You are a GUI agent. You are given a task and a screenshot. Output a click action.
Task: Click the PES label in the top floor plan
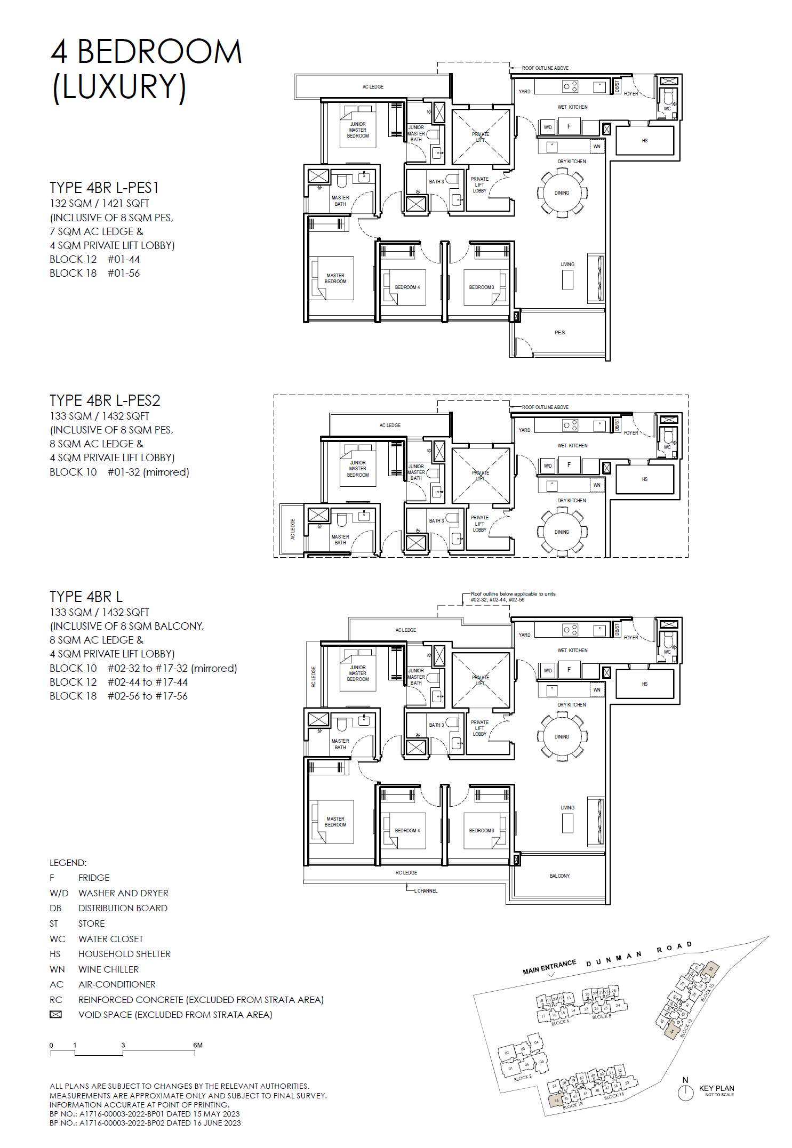click(559, 333)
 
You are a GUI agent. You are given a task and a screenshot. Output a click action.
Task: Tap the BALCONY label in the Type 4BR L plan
click(559, 876)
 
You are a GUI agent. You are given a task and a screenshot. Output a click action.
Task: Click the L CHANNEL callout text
click(426, 890)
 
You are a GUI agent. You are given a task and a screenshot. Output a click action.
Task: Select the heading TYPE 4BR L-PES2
click(105, 400)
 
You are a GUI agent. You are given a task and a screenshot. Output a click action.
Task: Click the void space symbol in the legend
click(55, 1014)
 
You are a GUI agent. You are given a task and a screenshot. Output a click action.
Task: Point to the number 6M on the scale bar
click(198, 1045)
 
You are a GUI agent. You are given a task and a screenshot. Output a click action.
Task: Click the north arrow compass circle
click(685, 1093)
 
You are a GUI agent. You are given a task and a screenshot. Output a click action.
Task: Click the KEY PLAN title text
click(716, 1088)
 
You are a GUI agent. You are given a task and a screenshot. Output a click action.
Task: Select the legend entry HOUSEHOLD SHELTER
click(124, 954)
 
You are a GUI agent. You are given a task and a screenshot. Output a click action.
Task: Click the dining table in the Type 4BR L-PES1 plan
click(562, 193)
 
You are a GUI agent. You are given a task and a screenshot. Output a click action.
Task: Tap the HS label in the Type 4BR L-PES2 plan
click(645, 479)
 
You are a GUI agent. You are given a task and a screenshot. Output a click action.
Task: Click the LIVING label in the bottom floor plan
click(567, 808)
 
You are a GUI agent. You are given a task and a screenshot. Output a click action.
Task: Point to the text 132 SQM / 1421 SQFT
click(99, 203)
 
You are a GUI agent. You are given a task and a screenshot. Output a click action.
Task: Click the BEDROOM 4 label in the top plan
click(407, 287)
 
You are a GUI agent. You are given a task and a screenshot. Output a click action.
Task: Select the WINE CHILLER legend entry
click(108, 969)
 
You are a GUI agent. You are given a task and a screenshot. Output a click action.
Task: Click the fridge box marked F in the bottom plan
click(569, 670)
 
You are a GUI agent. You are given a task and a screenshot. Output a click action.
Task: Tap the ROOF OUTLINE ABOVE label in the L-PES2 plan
click(545, 407)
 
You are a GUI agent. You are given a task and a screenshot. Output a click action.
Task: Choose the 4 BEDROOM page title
click(146, 52)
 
